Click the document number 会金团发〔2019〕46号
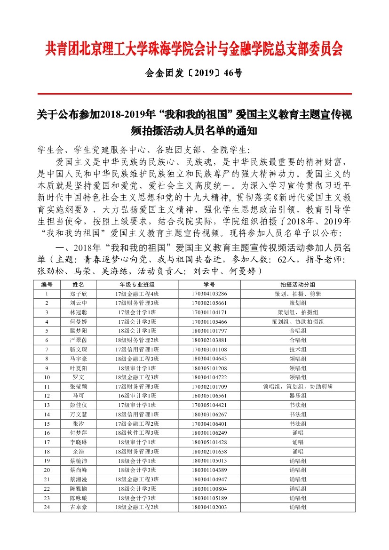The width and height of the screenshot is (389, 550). coord(194,73)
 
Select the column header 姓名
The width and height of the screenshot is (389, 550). coord(78,285)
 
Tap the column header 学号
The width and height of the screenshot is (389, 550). coord(209,285)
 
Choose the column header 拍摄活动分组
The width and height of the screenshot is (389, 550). coord(298,285)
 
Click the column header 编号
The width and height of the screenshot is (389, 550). coord(47,285)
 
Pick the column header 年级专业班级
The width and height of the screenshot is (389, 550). coord(137,285)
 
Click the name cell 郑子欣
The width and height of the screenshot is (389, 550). coord(78,294)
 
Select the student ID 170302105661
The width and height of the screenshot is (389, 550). coord(209,303)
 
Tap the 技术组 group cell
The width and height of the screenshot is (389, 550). coord(298,349)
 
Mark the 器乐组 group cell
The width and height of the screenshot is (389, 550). coord(298,396)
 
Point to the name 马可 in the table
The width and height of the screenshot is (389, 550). coord(78,396)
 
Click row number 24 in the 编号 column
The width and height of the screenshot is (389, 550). coord(47,507)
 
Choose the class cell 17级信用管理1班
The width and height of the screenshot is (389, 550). coord(137,349)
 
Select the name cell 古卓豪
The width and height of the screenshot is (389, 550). coord(78,507)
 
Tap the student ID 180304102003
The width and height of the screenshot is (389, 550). coord(209,507)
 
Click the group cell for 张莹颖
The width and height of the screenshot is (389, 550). coord(298,386)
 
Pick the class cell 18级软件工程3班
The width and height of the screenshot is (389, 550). coord(137,432)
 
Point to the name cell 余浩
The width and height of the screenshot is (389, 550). coord(78,451)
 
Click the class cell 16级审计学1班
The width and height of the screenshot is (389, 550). coord(137,396)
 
